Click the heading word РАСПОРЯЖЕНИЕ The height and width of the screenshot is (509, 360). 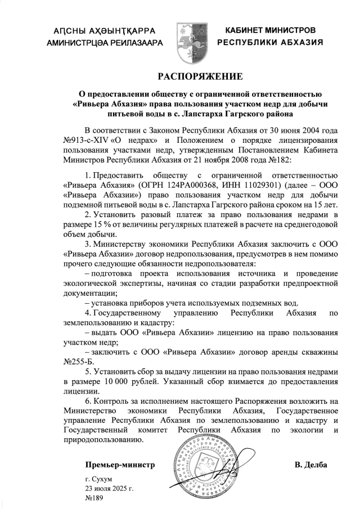[200, 76]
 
